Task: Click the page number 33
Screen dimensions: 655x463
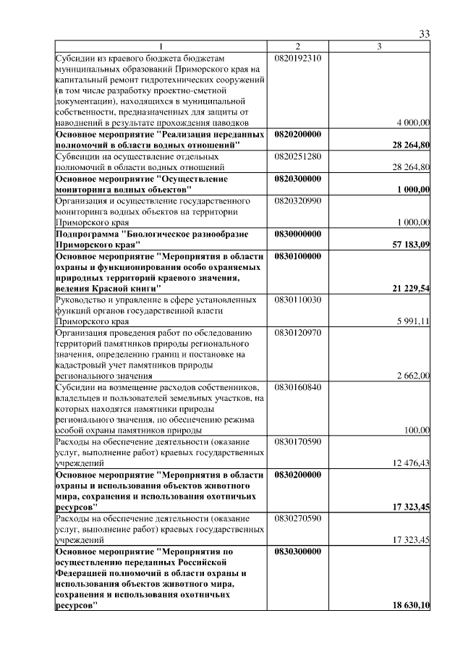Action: coord(425,34)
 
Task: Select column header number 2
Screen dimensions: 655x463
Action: coord(297,47)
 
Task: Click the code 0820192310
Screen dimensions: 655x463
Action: coord(298,57)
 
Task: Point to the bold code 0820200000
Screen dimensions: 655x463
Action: coord(298,134)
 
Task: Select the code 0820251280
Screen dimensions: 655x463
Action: coord(298,156)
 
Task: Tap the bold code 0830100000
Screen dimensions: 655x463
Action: coord(298,255)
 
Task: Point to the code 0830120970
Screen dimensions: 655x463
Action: coord(298,332)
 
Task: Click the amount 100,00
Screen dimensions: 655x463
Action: coord(417,430)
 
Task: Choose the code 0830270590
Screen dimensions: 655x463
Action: coord(298,518)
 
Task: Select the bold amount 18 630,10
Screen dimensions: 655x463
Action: coord(411,605)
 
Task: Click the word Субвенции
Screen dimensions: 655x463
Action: coord(80,156)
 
